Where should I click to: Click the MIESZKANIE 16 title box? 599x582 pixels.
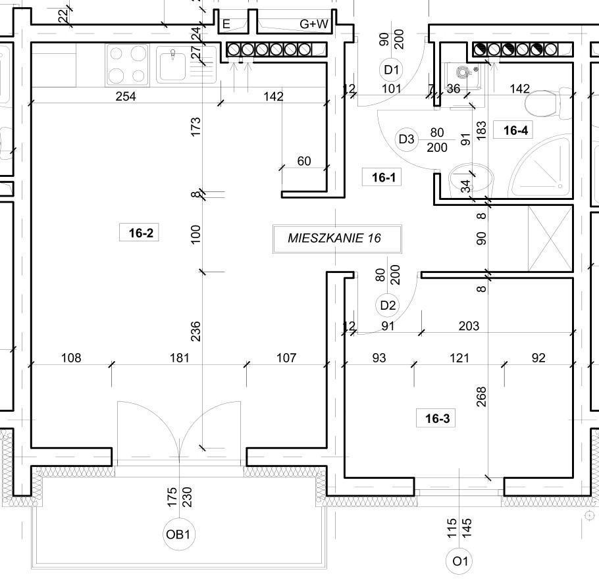pyautogui.click(x=337, y=239)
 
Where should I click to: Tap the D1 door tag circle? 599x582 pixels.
pyautogui.click(x=391, y=70)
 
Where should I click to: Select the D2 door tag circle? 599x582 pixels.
pyautogui.click(x=388, y=305)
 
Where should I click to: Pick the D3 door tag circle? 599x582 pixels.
pyautogui.click(x=407, y=139)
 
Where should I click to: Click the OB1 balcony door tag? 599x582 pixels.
pyautogui.click(x=178, y=534)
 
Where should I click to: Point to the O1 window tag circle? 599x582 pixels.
pyautogui.click(x=459, y=562)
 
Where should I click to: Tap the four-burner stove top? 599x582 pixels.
pyautogui.click(x=128, y=64)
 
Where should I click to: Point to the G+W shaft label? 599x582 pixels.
pyautogui.click(x=313, y=24)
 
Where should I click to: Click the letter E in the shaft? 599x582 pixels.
pyautogui.click(x=226, y=24)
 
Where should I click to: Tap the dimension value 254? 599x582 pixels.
pyautogui.click(x=126, y=96)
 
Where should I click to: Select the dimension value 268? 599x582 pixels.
pyautogui.click(x=481, y=397)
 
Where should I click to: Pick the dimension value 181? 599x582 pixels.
pyautogui.click(x=180, y=358)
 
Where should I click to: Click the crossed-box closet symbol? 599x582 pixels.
pyautogui.click(x=550, y=239)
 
